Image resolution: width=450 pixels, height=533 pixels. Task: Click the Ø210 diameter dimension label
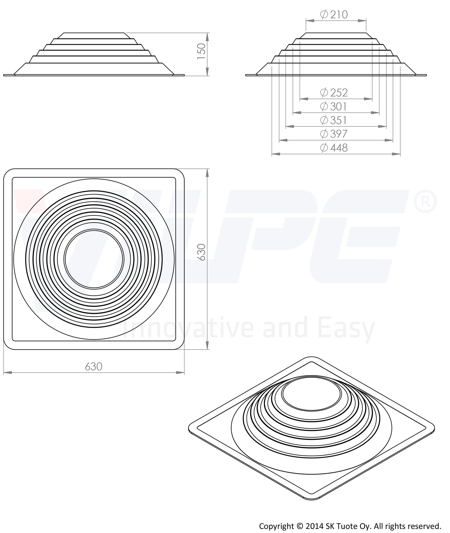(x=334, y=14)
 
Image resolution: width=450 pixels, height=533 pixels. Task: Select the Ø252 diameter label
(x=334, y=93)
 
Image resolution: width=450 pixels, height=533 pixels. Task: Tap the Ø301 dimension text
(x=334, y=107)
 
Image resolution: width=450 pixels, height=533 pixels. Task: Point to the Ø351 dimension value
(x=334, y=120)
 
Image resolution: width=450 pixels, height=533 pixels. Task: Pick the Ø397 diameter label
(x=334, y=134)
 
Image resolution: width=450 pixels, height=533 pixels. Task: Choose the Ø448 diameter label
(x=334, y=148)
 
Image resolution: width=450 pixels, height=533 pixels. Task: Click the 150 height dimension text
(x=202, y=52)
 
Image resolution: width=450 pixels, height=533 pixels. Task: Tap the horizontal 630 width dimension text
(x=94, y=366)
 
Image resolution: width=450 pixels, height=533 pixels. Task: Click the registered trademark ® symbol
(x=425, y=202)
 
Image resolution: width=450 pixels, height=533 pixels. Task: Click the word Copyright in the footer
(x=277, y=526)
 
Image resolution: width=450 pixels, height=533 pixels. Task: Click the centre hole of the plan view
(x=94, y=259)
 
